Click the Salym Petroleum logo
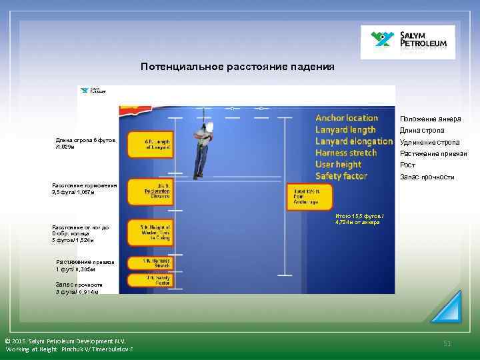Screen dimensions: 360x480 pos(407,42)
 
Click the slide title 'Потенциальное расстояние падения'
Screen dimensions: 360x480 pos(237,67)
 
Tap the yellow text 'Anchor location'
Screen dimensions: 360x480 pos(346,118)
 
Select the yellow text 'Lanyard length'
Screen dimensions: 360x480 pos(345,129)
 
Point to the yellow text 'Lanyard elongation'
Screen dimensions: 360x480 pos(353,141)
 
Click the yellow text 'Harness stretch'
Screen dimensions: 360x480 pos(346,153)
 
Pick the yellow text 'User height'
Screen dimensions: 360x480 pos(338,164)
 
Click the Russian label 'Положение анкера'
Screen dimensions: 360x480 pos(430,119)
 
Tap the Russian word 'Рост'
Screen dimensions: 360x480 pos(407,165)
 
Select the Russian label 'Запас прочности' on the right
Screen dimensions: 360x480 pos(427,177)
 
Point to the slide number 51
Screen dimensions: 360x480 pos(447,343)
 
